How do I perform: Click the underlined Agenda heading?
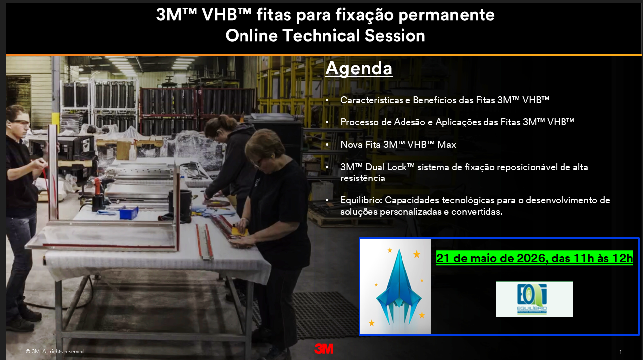point(359,69)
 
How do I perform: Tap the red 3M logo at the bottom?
point(324,349)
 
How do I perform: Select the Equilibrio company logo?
point(535,299)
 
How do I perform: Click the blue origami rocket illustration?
point(399,287)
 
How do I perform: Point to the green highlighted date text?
point(535,258)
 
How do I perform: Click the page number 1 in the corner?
point(620,352)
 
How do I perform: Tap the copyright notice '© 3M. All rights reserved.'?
point(55,351)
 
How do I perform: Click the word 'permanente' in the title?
point(446,15)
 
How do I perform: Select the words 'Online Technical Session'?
point(325,36)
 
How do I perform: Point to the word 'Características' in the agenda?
point(372,100)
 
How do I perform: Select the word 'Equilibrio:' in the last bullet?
point(361,200)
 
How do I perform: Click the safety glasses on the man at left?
point(21,123)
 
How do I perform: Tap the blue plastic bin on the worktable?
point(129,213)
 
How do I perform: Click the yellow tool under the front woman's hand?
point(240,231)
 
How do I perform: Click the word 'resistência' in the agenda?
point(363,178)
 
